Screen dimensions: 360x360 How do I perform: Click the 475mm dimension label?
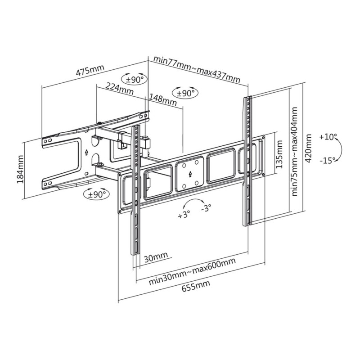tap(90, 71)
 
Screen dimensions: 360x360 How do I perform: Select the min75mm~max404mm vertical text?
tap(295, 151)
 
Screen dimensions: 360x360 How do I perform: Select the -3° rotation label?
tap(206, 208)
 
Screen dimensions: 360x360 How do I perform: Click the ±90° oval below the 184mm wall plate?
tap(96, 194)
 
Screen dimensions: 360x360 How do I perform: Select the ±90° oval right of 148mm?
tap(184, 93)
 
